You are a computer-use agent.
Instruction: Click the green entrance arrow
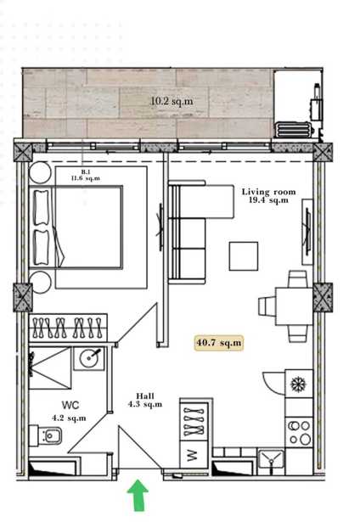click(x=138, y=495)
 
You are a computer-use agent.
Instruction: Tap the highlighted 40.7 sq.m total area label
click(x=219, y=343)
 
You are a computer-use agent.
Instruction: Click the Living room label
click(x=269, y=192)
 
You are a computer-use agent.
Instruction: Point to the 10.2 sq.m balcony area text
click(x=172, y=101)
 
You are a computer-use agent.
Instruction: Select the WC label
click(x=70, y=405)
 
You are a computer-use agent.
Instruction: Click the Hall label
click(x=145, y=396)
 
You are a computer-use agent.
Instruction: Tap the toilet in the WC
click(x=45, y=435)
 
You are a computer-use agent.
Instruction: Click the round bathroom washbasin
click(x=88, y=358)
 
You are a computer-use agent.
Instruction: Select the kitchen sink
click(x=271, y=458)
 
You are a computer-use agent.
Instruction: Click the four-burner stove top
click(x=299, y=432)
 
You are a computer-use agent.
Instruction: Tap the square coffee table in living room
click(x=244, y=256)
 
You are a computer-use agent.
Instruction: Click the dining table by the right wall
click(x=294, y=306)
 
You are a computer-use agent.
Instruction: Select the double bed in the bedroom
click(x=76, y=227)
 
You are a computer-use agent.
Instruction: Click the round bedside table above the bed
click(x=41, y=172)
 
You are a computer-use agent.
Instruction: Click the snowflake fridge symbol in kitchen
click(x=298, y=384)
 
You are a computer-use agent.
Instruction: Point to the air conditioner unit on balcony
click(x=294, y=130)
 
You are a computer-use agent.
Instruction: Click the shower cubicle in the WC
click(x=50, y=368)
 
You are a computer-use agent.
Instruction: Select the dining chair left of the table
click(x=267, y=306)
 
